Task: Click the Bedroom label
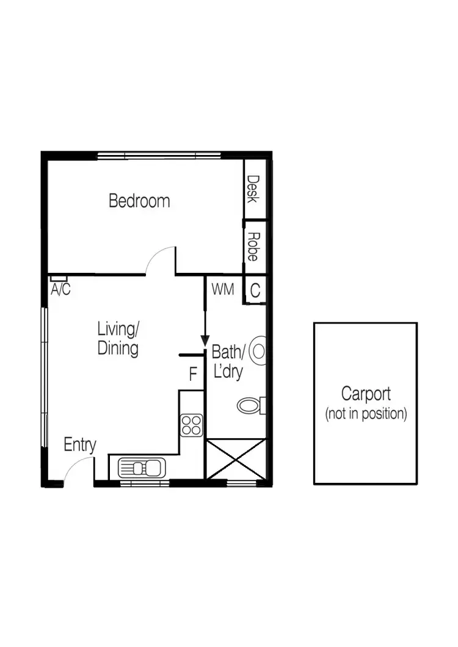[139, 200]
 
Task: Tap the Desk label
[253, 189]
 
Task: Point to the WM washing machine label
[223, 289]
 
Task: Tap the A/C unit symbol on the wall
[59, 279]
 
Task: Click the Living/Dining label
[118, 339]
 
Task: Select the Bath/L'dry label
[228, 362]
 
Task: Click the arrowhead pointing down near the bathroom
[205, 342]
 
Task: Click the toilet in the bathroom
[250, 405]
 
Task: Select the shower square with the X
[236, 459]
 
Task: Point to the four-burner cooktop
[192, 424]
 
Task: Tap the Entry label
[80, 446]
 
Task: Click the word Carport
[366, 394]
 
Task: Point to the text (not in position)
[366, 413]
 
